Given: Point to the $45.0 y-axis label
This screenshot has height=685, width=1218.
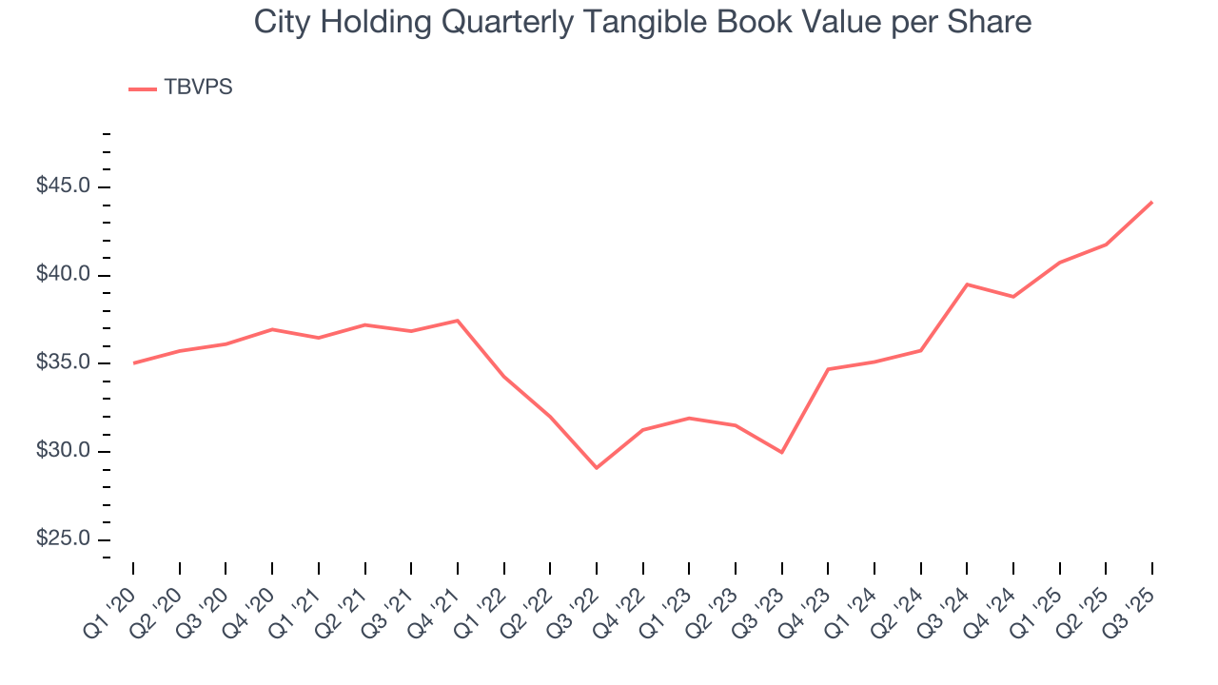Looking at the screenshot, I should [63, 186].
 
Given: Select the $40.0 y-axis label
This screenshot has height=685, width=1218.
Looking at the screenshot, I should [63, 275].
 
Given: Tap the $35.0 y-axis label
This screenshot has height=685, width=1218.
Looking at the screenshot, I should [63, 363].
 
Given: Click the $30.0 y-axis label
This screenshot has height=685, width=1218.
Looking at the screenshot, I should [63, 451].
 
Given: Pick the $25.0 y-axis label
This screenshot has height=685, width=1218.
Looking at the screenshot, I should [63, 539].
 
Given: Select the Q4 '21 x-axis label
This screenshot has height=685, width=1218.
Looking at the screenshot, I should [439, 600].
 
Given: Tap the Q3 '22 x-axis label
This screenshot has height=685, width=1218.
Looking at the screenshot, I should [578, 600].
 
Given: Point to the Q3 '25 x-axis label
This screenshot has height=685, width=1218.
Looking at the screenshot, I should [1133, 600].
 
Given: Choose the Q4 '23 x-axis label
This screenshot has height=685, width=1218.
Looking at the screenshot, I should [809, 600].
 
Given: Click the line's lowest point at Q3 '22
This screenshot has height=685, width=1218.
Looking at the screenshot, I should [597, 468].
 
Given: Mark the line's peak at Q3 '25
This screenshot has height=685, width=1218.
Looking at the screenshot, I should [1151, 202].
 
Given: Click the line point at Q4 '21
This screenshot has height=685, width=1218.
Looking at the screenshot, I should [458, 321].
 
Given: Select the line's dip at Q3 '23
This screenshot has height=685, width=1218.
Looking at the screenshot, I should [782, 452].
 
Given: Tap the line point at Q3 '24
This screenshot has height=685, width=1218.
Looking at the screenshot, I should [967, 284].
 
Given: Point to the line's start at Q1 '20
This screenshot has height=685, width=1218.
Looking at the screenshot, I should [133, 362].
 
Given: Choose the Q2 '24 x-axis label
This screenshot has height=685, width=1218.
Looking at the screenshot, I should [902, 600].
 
